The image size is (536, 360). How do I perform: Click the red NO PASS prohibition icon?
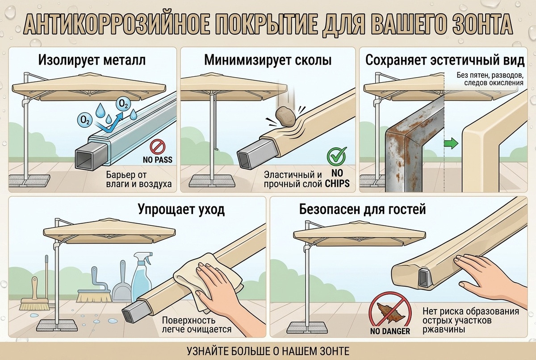tap(158, 147)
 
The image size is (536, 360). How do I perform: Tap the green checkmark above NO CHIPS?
tap(337, 156)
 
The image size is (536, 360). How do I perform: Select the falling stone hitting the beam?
tap(286, 117)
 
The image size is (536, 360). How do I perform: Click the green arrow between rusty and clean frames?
tap(451, 144)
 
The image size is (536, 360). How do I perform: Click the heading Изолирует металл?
tap(92, 60)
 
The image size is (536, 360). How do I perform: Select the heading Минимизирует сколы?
tap(268, 60)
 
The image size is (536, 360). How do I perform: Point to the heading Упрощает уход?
tap(181, 210)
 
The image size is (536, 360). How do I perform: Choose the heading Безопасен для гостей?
tap(363, 209)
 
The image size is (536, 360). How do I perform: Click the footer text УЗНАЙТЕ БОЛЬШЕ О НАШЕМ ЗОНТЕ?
tap(268, 351)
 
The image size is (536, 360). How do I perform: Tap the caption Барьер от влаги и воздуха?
tap(139, 180)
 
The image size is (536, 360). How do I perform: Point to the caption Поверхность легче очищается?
tap(197, 325)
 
